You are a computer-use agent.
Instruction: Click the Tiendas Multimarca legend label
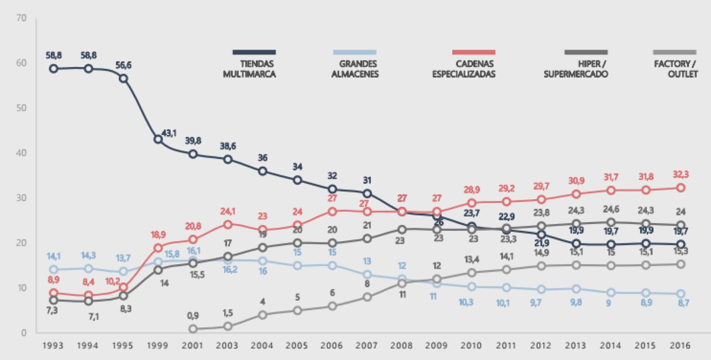point(249,69)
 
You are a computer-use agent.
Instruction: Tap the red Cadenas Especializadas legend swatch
point(474,52)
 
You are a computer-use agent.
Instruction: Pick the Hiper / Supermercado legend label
point(576,69)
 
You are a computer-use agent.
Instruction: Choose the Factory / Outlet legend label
point(676,69)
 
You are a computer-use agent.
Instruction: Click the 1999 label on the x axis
point(158,345)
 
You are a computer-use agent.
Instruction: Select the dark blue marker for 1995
point(123,79)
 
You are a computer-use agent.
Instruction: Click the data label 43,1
point(169,133)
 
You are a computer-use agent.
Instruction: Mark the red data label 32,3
point(681,175)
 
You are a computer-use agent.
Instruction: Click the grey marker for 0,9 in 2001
point(193,329)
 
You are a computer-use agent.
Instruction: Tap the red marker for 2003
point(228,225)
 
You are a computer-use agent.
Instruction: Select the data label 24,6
point(611,209)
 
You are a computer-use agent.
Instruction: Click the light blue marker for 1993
point(53,270)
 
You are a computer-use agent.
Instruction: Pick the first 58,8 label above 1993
point(53,55)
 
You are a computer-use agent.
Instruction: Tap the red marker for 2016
point(681,188)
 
